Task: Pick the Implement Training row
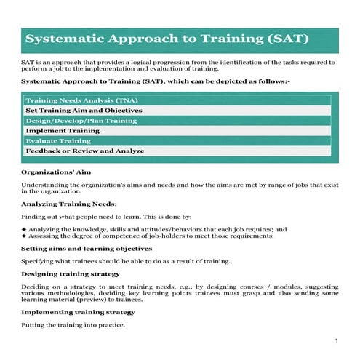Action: point(62,130)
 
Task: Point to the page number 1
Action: point(337,340)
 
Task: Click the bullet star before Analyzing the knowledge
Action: point(24,228)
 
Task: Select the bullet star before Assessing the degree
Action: point(24,236)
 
